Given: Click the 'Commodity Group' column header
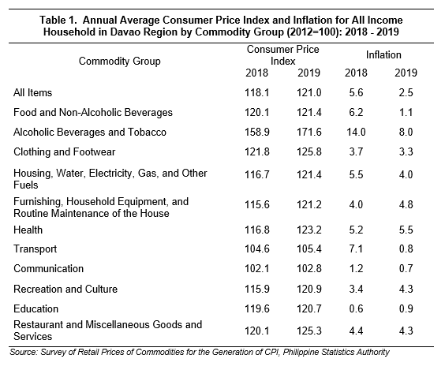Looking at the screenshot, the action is (x=119, y=62).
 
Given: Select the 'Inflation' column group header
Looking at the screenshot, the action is (x=383, y=54).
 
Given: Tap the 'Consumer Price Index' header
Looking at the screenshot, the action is (x=283, y=55).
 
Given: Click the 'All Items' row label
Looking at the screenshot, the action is (x=32, y=93).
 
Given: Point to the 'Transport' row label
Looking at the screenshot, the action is (x=35, y=249).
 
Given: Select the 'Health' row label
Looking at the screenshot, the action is (x=28, y=230).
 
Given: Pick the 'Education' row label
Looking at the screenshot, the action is (x=36, y=308).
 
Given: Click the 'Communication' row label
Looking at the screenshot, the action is (x=49, y=269).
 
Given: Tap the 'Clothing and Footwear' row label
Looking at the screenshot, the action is (x=65, y=151).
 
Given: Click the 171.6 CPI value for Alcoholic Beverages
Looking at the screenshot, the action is (x=309, y=133).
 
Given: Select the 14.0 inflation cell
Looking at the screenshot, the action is (x=356, y=133).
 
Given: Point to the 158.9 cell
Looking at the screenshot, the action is (x=257, y=133).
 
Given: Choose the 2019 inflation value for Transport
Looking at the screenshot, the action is (x=406, y=249).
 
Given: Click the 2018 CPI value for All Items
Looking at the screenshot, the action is (x=257, y=93).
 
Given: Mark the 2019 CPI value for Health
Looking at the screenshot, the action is (x=309, y=230).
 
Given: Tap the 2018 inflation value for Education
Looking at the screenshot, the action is (x=356, y=308).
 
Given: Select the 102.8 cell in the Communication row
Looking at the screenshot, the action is (x=309, y=269).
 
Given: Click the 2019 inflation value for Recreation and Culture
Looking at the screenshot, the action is (x=406, y=289).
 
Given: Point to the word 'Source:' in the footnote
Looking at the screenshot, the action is (x=24, y=352).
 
